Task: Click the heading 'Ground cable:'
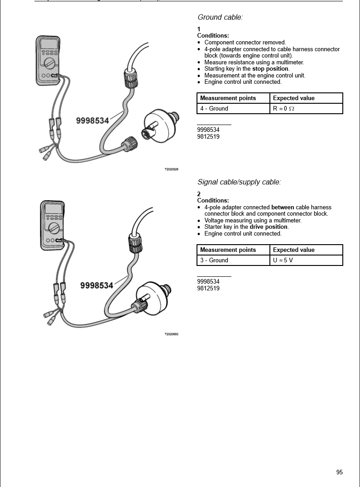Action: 220,17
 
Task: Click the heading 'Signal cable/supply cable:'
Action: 239,182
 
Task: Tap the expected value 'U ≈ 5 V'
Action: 283,260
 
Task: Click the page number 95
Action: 339,472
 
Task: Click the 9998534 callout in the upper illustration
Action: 92,121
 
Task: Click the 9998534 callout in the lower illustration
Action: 96,285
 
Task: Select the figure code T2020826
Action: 171,169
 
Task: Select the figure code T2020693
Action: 171,334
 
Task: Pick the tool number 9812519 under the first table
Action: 208,136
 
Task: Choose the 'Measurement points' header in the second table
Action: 228,250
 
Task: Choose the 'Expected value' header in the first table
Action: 293,98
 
